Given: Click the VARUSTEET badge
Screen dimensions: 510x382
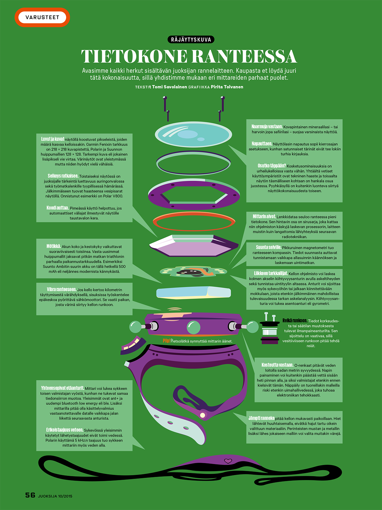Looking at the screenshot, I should point(42,17).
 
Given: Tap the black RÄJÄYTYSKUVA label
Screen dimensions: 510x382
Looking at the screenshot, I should point(191,40).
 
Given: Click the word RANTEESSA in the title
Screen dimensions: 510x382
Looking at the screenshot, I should point(244,57).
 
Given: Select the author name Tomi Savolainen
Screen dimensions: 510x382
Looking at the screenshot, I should point(169,87).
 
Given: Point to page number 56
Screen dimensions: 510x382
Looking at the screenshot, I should point(30,495).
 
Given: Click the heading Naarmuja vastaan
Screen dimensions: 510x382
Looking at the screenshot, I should point(267,127).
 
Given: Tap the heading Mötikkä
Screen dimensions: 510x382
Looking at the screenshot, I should point(53,246).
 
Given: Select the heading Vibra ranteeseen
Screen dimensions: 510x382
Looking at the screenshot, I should point(61,289).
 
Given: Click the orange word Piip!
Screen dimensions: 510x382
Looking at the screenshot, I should point(166,341).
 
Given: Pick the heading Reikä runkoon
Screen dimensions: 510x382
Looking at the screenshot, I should point(294,320).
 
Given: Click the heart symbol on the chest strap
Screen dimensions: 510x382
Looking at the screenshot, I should point(228,461).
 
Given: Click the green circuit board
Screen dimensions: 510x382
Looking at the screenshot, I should point(193,272).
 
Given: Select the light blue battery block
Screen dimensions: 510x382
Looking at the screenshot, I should point(193,292).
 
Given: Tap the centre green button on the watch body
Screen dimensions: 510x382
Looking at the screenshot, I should point(193,327).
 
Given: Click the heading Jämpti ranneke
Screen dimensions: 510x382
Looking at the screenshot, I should point(261,418).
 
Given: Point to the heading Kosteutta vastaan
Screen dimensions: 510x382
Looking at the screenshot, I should point(277,365).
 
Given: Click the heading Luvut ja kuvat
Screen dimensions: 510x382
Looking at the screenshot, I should point(53,139).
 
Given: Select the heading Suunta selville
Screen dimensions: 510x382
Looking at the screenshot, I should point(268,247).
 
